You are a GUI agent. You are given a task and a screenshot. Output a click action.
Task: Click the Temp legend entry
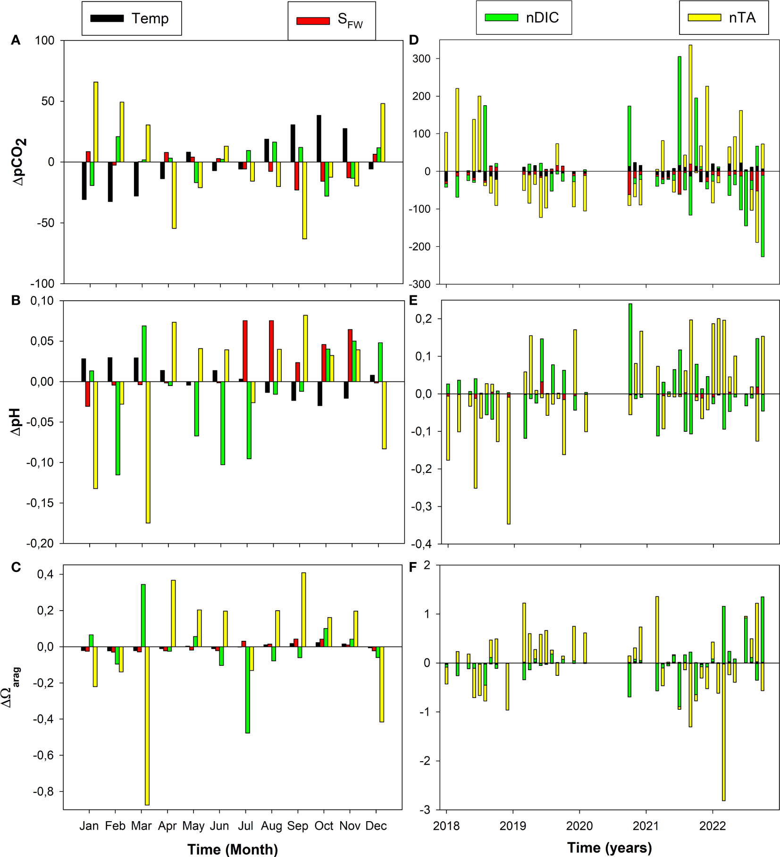click(x=131, y=18)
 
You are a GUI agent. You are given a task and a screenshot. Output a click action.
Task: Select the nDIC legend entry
click(x=523, y=17)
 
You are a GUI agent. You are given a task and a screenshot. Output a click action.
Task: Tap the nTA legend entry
click(x=723, y=17)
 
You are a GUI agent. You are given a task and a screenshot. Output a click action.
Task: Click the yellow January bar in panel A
click(x=96, y=122)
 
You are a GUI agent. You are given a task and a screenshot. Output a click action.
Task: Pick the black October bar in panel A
click(x=319, y=138)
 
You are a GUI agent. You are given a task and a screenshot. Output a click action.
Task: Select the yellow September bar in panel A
click(x=304, y=200)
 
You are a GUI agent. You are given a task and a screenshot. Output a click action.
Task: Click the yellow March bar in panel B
click(x=148, y=452)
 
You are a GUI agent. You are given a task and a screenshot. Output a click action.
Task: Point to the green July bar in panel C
click(x=247, y=689)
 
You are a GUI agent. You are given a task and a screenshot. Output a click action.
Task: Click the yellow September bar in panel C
click(x=303, y=609)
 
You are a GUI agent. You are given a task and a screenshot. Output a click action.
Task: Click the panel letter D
click(x=414, y=41)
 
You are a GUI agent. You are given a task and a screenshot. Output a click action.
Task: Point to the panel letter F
click(x=413, y=567)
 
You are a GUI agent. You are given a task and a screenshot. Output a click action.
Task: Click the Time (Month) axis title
click(x=232, y=849)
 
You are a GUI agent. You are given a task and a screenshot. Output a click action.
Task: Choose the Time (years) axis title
click(x=609, y=848)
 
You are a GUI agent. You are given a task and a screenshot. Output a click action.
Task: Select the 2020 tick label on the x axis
click(x=579, y=826)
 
